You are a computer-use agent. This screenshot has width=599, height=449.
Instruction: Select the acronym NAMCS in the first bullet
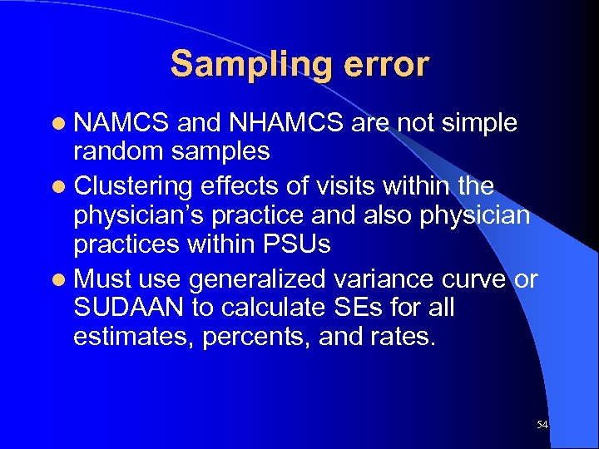pos(122,124)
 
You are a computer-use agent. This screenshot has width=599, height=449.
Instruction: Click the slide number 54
pos(542,425)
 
